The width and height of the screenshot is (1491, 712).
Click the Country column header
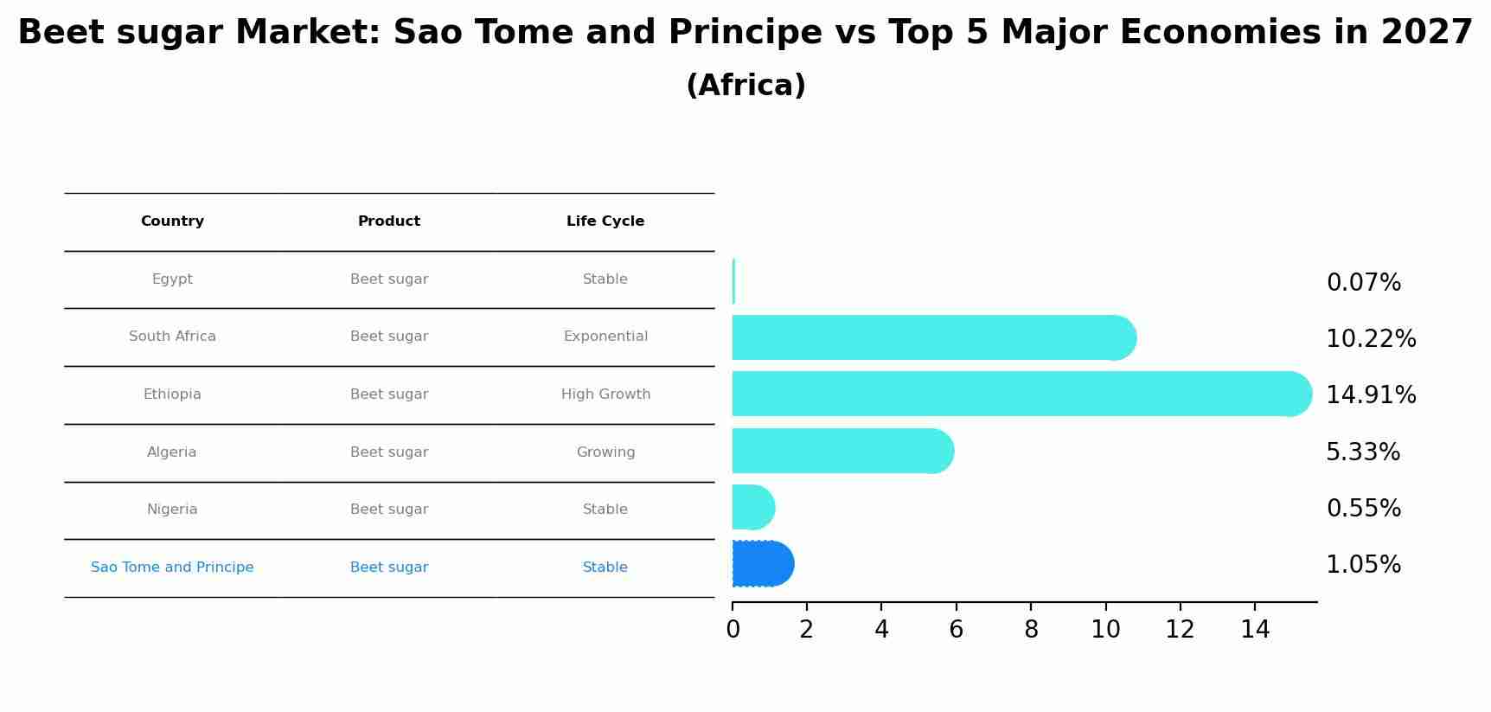point(172,221)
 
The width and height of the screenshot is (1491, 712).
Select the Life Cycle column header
point(605,221)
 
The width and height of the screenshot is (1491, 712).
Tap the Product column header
point(389,221)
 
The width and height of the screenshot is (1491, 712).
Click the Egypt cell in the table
point(172,279)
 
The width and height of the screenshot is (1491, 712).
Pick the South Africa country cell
point(172,337)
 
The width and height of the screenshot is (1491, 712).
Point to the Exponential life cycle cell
point(605,337)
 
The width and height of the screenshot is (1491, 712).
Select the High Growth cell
point(605,394)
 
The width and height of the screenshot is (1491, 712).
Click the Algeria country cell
point(172,452)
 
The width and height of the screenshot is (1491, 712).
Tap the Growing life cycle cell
point(605,452)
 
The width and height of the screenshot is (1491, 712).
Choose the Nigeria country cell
point(172,510)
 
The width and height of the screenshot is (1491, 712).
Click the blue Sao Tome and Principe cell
point(172,568)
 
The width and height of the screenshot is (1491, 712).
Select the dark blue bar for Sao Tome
point(762,564)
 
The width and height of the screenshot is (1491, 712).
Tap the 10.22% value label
point(1371,339)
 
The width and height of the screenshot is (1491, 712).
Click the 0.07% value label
point(1363,283)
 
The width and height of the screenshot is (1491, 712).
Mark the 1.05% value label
point(1363,565)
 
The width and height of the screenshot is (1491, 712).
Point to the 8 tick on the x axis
point(1031,630)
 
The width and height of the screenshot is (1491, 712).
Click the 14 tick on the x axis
point(1255,630)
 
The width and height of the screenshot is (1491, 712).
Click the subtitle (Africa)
point(745,86)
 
